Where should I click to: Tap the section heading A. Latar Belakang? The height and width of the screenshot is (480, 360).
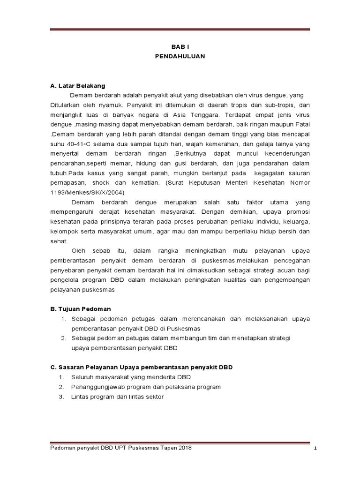click(78, 86)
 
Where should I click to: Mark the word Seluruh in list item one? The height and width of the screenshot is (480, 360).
click(82, 377)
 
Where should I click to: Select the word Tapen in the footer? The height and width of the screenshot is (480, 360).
click(165, 448)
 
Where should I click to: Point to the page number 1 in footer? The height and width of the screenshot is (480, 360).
click(316, 449)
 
